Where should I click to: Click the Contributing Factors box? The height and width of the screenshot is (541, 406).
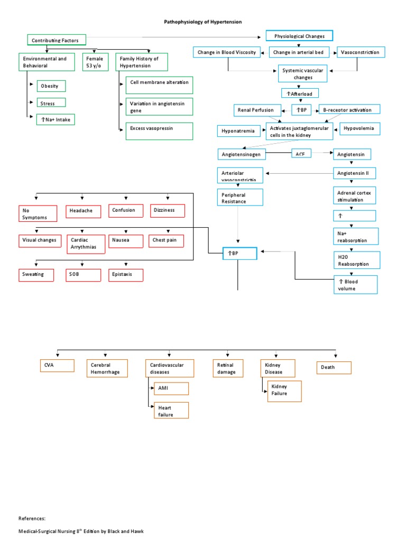click(56, 40)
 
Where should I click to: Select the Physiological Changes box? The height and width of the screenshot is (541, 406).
click(299, 36)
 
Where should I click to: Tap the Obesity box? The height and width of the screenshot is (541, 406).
click(51, 86)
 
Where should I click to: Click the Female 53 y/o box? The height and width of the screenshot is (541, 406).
click(95, 62)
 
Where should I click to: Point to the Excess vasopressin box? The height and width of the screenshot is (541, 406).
click(158, 131)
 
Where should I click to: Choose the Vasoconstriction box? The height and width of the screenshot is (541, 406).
click(361, 52)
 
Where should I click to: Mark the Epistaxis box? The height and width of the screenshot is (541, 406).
click(126, 275)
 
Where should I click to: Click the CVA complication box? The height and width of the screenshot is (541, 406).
click(57, 365)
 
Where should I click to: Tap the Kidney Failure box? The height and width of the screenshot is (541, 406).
click(284, 392)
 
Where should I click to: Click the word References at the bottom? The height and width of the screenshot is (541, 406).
click(32, 519)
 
